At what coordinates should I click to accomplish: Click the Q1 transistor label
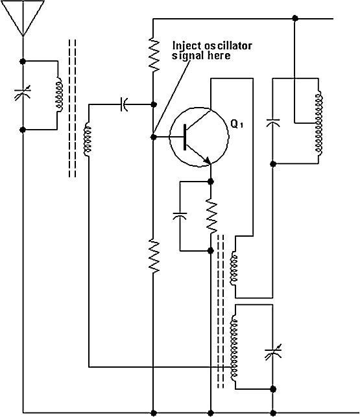point(237,124)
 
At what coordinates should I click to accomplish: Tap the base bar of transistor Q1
point(185,137)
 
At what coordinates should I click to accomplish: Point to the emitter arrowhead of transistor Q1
point(208,161)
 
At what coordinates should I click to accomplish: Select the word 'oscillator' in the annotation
point(228,46)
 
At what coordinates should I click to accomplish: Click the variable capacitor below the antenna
point(23,93)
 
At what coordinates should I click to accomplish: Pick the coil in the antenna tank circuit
point(59,95)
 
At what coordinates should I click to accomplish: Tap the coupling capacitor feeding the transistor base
point(124,104)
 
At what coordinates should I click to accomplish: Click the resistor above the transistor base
point(154,54)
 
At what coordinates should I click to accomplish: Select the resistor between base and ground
point(154,256)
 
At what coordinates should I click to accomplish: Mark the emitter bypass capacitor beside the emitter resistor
point(180,216)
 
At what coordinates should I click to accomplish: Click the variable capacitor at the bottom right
point(272,352)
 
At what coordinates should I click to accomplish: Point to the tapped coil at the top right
point(318,123)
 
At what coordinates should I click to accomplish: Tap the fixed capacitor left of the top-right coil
point(272,123)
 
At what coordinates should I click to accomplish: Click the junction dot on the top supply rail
point(294,18)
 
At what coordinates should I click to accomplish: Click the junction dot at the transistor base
point(154,137)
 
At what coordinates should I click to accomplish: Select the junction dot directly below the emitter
point(211,182)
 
